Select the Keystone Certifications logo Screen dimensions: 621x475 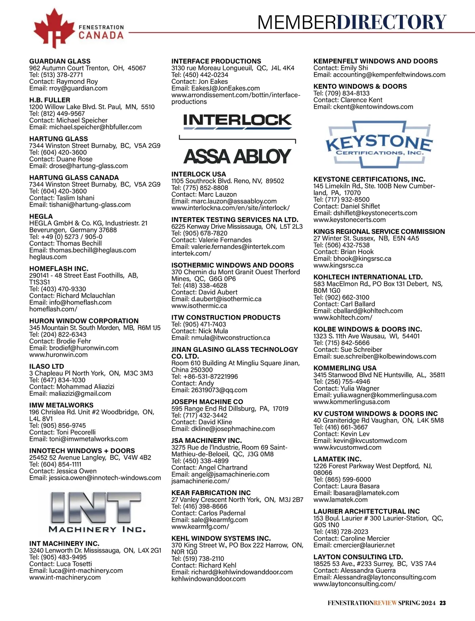click(379, 145)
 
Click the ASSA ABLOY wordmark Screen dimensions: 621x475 click(237, 156)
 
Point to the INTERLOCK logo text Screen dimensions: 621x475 click(237, 120)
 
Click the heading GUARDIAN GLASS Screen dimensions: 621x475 click(60, 61)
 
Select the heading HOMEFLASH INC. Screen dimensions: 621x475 click(59, 269)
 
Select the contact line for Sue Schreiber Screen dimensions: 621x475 click(348, 349)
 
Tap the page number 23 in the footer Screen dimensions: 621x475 click(443, 603)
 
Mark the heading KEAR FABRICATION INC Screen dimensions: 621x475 click(211, 493)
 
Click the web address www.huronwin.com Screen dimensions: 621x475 click(59, 355)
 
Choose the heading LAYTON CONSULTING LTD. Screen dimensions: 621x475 click(358, 557)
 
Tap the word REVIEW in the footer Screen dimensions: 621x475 click(385, 603)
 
